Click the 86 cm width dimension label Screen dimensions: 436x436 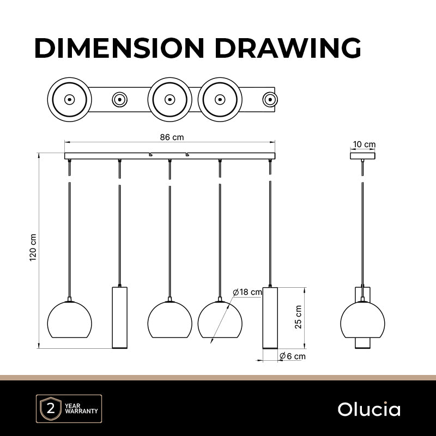click(x=172, y=137)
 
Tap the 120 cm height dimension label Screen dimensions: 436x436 click(x=33, y=247)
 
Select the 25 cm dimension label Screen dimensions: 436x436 click(x=298, y=317)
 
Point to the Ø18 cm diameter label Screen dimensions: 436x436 click(x=247, y=292)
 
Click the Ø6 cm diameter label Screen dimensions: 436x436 click(x=292, y=356)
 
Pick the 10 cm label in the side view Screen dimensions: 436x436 click(x=364, y=144)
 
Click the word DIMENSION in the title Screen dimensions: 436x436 click(x=119, y=47)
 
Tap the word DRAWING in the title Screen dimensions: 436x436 click(x=288, y=47)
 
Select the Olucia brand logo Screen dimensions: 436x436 click(x=369, y=409)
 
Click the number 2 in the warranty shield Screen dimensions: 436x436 click(x=51, y=409)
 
